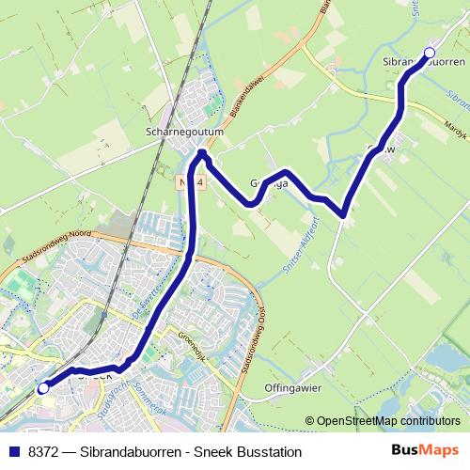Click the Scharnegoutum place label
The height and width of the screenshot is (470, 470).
(x=185, y=133)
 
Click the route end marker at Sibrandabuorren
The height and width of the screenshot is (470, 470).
(x=430, y=53)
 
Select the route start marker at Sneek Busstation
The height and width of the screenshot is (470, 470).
(x=42, y=387)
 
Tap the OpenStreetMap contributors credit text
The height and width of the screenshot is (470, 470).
(x=388, y=421)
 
